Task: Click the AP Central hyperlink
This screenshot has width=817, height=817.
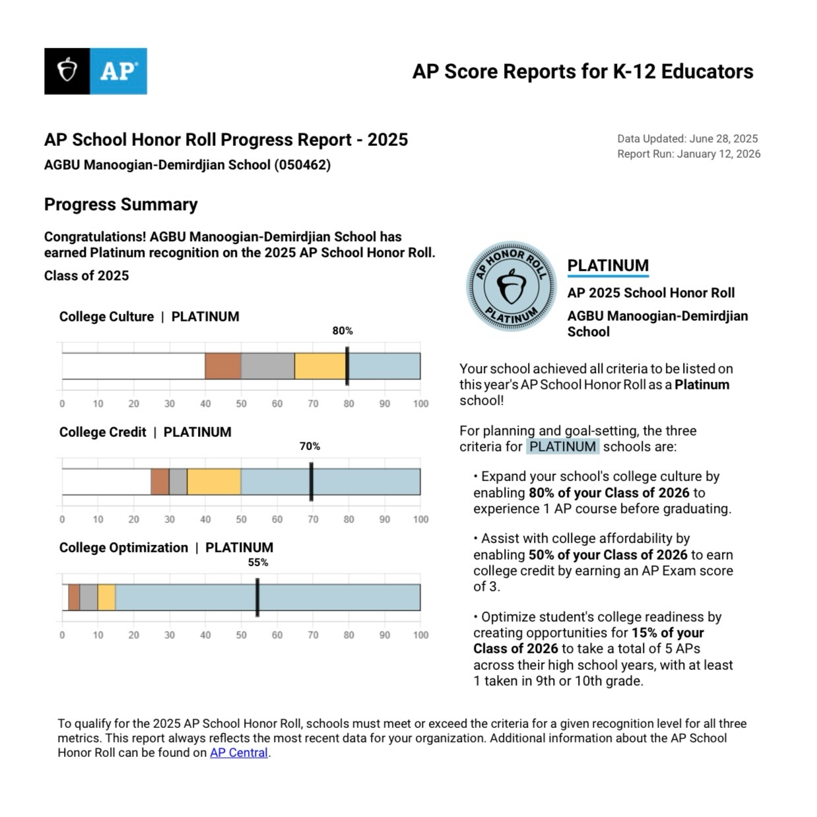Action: [x=239, y=753]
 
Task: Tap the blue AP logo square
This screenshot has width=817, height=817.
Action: [x=118, y=71]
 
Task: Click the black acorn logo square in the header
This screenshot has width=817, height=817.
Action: [x=67, y=71]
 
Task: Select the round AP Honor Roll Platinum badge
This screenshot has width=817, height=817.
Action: [x=511, y=286]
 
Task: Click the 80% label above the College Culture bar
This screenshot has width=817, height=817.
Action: [x=343, y=331]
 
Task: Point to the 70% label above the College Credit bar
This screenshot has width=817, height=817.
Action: [x=310, y=446]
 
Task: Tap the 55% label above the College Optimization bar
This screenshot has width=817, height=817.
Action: [x=258, y=562]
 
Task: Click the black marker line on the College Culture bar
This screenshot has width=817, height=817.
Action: [x=347, y=366]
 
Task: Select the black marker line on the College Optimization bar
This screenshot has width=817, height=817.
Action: [x=257, y=597]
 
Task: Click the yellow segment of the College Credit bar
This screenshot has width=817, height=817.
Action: [x=214, y=482]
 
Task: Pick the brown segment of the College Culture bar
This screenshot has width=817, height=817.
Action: [x=223, y=366]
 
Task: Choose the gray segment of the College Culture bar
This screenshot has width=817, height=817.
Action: [x=268, y=366]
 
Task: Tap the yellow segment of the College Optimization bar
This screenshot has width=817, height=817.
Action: [x=107, y=597]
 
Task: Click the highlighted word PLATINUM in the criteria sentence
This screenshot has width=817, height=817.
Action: [x=563, y=447]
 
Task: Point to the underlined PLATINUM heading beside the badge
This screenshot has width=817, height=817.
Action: [x=608, y=265]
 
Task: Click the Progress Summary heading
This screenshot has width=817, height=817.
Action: [x=121, y=205]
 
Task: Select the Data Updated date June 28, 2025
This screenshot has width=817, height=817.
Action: [x=723, y=139]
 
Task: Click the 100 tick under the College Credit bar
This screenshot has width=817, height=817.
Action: [x=420, y=519]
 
